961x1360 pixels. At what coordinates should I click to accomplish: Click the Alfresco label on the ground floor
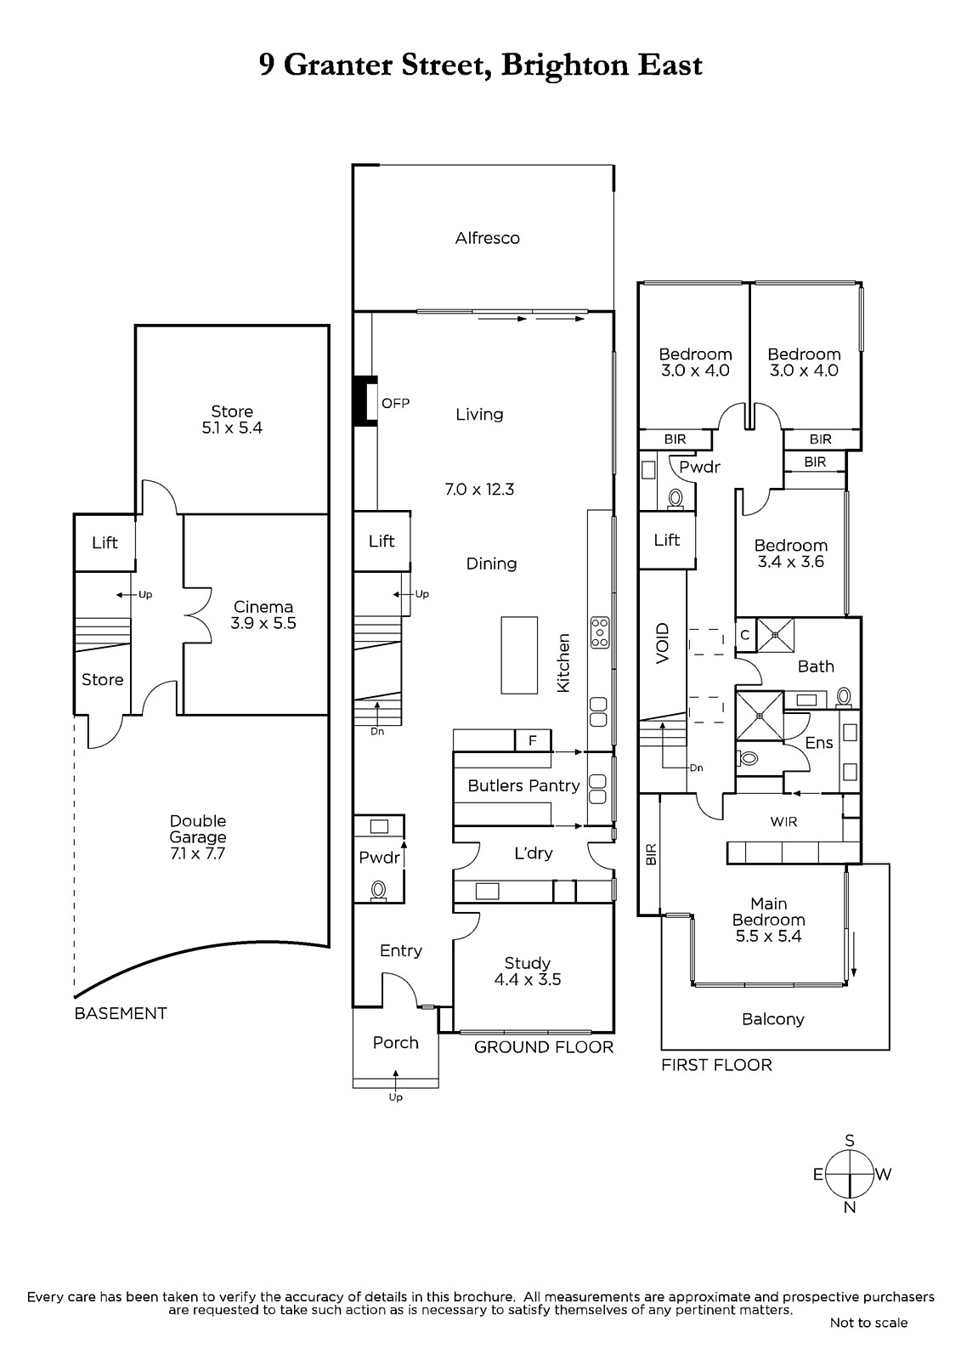click(x=487, y=238)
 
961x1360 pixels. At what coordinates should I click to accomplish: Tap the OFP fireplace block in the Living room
click(x=365, y=400)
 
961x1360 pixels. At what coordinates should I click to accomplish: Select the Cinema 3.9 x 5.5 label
click(x=263, y=615)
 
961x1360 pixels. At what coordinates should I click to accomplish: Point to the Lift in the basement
click(x=105, y=542)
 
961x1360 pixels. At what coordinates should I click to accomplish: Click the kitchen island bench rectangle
click(x=519, y=655)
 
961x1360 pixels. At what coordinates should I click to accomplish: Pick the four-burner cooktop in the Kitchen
click(x=600, y=632)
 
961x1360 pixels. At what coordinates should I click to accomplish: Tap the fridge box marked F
click(x=533, y=740)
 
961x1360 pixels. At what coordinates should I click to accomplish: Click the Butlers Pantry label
click(x=523, y=785)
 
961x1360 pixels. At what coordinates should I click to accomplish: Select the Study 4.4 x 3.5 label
click(x=527, y=971)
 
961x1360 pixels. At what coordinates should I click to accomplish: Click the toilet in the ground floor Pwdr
click(x=379, y=891)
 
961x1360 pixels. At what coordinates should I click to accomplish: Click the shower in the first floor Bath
click(x=775, y=635)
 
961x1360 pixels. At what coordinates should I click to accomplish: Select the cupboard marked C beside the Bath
click(x=745, y=635)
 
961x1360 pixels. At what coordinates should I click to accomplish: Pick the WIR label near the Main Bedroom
click(x=783, y=821)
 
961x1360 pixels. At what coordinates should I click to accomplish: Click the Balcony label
click(x=773, y=1019)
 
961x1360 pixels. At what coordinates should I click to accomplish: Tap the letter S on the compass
click(x=850, y=1140)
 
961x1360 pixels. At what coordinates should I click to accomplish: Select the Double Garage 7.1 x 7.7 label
click(x=198, y=836)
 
